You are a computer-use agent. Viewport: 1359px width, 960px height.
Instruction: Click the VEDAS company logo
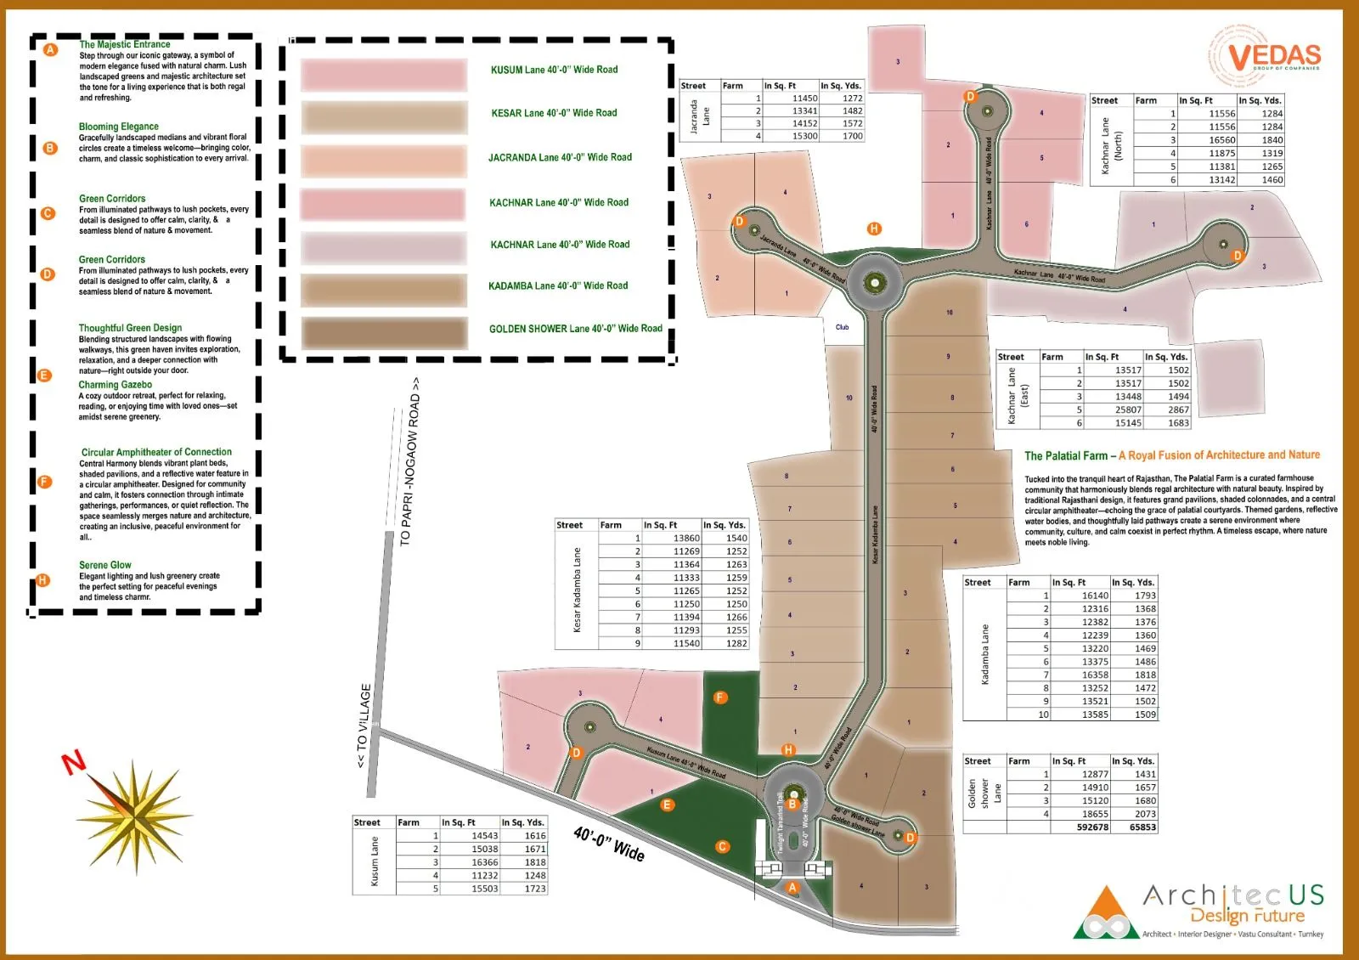point(1266,57)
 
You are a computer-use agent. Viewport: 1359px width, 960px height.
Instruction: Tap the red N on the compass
point(74,762)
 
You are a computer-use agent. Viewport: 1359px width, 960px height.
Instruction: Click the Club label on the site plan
point(842,327)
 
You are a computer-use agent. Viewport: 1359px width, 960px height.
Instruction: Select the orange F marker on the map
point(720,697)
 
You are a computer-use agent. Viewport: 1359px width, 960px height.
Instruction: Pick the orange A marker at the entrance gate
point(792,887)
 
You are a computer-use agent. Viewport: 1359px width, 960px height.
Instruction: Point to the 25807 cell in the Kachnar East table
point(1128,409)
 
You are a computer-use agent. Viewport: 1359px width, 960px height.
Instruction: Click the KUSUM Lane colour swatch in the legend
point(384,75)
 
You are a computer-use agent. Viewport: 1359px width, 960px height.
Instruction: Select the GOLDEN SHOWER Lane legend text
point(575,329)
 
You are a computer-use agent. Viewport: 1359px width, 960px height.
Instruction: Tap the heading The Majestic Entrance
point(125,44)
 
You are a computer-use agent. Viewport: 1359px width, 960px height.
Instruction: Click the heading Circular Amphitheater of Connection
point(156,452)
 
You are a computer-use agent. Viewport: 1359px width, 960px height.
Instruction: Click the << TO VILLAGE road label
point(364,726)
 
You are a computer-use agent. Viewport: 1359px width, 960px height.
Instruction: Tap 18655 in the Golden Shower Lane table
point(1095,814)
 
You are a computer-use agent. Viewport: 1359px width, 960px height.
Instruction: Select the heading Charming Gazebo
point(116,385)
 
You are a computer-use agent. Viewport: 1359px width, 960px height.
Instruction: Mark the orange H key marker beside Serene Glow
point(42,580)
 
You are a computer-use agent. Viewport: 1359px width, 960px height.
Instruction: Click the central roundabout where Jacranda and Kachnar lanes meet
point(874,283)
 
